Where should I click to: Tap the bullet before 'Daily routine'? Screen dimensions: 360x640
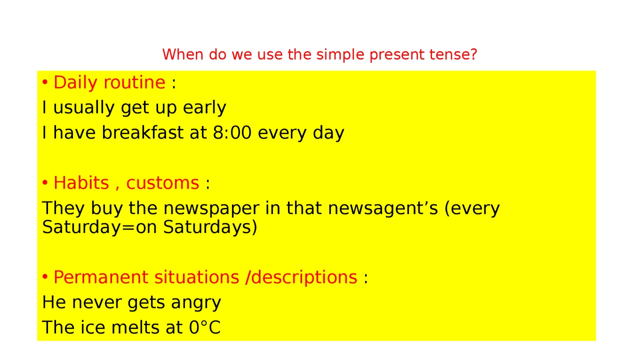tap(45, 82)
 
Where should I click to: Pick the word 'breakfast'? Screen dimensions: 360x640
tap(142, 133)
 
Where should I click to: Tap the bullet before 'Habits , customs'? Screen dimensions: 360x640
tap(45, 183)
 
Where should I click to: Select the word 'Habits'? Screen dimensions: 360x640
tap(81, 183)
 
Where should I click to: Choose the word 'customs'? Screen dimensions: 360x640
tap(162, 183)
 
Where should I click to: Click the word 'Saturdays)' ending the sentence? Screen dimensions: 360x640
tap(210, 227)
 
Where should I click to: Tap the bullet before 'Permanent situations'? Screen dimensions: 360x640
tap(45, 277)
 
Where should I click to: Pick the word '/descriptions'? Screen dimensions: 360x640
tap(301, 277)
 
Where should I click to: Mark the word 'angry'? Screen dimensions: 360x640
tap(196, 303)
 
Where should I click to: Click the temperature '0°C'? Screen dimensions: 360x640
tap(204, 327)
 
